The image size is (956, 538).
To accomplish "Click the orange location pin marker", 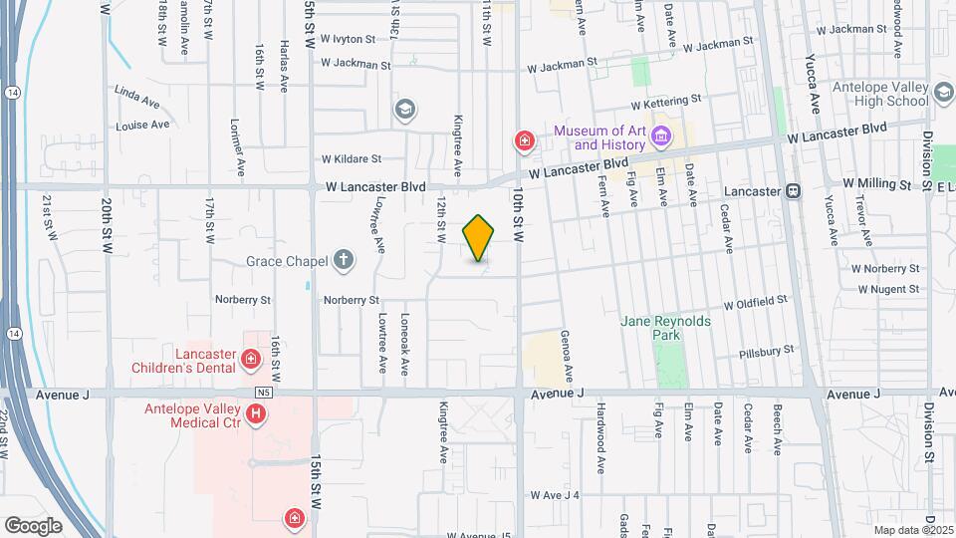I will [x=479, y=237].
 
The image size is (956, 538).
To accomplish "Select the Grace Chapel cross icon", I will [x=344, y=261].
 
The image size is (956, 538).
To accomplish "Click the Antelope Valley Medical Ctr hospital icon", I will [x=257, y=412].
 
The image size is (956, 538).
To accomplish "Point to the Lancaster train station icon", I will [x=794, y=190].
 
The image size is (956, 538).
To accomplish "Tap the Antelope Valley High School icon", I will [x=942, y=94].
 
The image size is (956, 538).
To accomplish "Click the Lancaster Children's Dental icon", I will [x=251, y=359].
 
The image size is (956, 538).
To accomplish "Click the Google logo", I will [x=33, y=525].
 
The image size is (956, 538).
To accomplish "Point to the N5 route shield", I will [x=263, y=393].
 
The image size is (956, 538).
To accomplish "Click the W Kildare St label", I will [x=352, y=158].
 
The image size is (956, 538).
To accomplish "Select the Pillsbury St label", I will [x=767, y=352].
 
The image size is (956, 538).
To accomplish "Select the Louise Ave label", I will [x=142, y=126].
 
